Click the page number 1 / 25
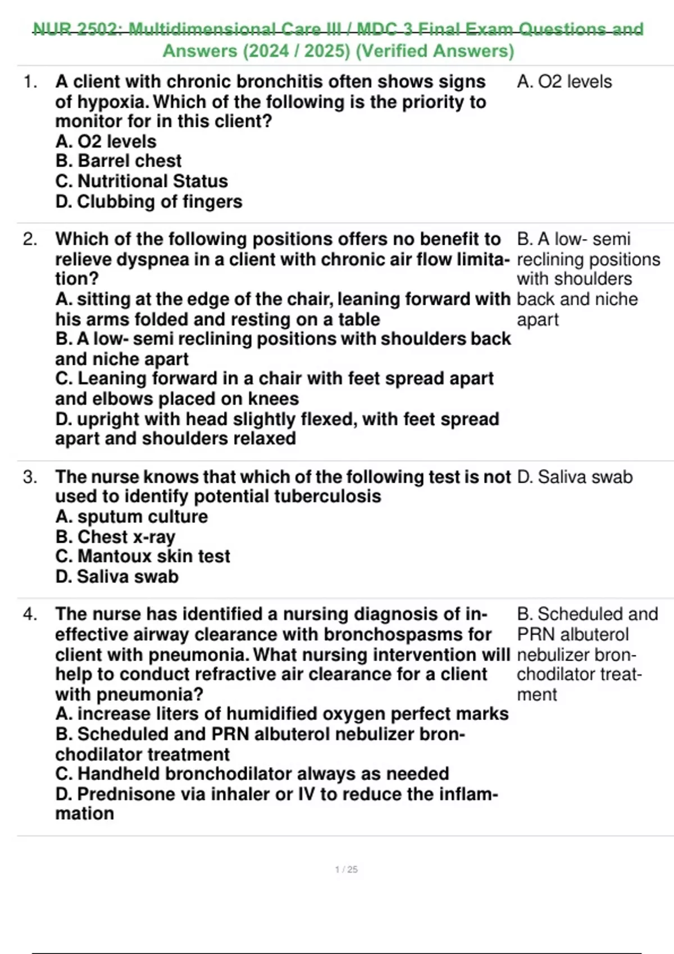tap(346, 869)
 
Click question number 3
tap(30, 477)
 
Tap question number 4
tap(30, 614)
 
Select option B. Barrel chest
tap(119, 161)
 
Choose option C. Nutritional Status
tap(142, 181)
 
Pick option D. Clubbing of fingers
tap(149, 201)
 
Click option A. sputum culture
tap(131, 516)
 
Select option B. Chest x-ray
tap(115, 537)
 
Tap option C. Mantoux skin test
tap(143, 556)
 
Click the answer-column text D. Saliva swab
tap(575, 477)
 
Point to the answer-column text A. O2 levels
tap(564, 82)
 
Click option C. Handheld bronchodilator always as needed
tap(252, 774)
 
